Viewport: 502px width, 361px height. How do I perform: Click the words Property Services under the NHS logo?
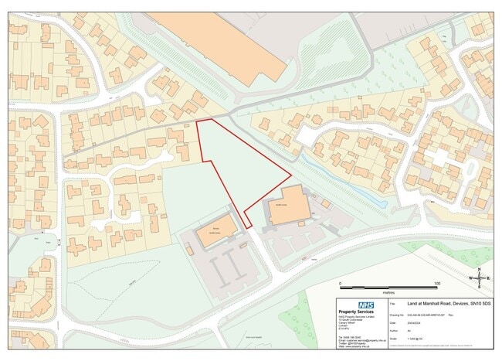pyautogui.click(x=358, y=312)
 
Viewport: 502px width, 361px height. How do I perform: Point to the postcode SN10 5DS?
pyautogui.click(x=473, y=305)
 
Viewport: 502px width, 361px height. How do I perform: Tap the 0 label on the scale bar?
pyautogui.click(x=340, y=284)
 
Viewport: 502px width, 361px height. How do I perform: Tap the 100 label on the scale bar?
pyautogui.click(x=436, y=284)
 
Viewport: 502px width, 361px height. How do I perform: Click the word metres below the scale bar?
pyautogui.click(x=388, y=294)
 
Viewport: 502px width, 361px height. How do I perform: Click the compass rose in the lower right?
pyautogui.click(x=479, y=278)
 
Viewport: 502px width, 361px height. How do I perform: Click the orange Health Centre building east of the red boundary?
pyautogui.click(x=287, y=206)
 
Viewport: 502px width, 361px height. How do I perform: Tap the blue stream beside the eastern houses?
pyautogui.click(x=347, y=182)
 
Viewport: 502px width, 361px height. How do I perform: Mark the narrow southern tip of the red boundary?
pyautogui.click(x=249, y=225)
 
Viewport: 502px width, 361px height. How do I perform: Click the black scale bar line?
pyautogui.click(x=388, y=288)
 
